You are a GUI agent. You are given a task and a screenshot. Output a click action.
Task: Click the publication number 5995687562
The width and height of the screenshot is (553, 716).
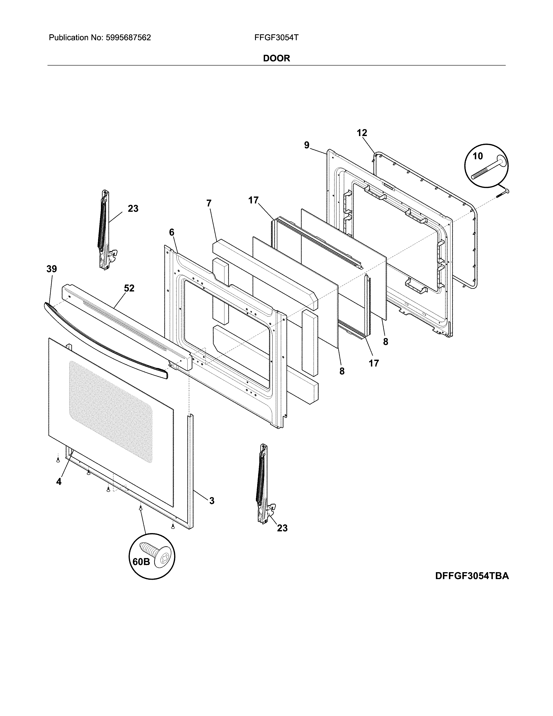pyautogui.click(x=128, y=38)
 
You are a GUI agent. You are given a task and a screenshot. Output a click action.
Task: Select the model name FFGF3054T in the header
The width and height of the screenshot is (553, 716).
pyautogui.click(x=276, y=38)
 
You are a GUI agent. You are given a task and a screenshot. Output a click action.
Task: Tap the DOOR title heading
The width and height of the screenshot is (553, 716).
pyautogui.click(x=276, y=58)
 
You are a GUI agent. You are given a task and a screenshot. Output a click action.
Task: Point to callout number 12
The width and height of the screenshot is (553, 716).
pyautogui.click(x=362, y=133)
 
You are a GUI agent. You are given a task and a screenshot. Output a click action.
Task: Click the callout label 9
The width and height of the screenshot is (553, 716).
pyautogui.click(x=307, y=145)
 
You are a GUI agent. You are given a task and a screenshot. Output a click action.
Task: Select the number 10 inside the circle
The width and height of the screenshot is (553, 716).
pyautogui.click(x=478, y=156)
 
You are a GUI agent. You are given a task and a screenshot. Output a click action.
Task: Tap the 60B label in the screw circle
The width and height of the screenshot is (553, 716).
pyautogui.click(x=141, y=562)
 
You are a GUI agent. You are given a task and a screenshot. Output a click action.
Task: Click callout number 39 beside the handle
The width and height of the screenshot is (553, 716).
pyautogui.click(x=51, y=269)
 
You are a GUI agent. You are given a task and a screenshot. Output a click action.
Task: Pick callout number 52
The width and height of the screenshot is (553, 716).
pyautogui.click(x=129, y=288)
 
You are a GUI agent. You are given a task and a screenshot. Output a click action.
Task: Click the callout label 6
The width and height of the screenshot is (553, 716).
pyautogui.click(x=172, y=232)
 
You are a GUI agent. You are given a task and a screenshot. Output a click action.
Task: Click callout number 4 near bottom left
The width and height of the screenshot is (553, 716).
pyautogui.click(x=59, y=482)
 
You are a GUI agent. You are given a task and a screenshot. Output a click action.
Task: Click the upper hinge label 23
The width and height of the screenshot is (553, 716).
pyautogui.click(x=133, y=209)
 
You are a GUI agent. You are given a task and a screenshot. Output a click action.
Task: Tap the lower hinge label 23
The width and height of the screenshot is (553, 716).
pyautogui.click(x=282, y=528)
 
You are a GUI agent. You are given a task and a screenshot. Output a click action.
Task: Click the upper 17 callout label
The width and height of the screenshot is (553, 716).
pyautogui.click(x=253, y=200)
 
